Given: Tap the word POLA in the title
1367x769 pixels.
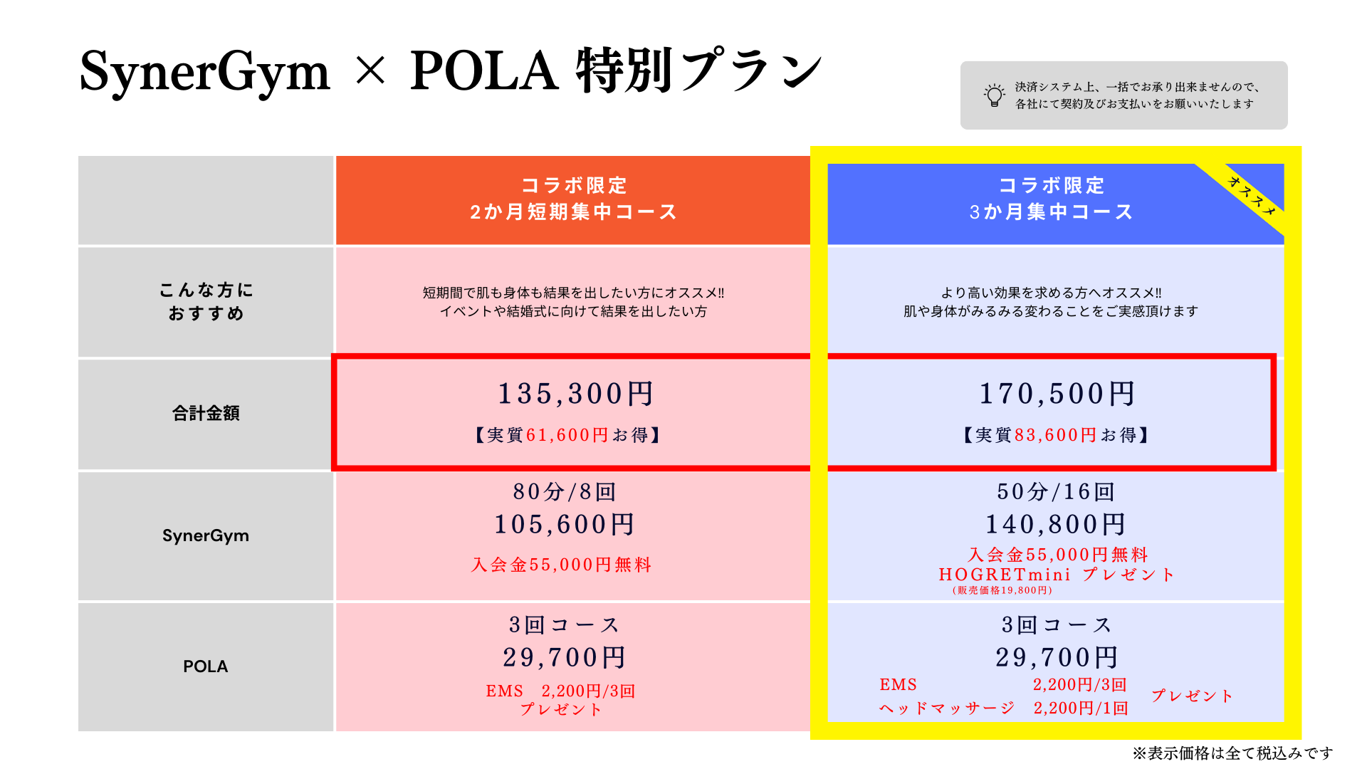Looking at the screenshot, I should click(484, 71).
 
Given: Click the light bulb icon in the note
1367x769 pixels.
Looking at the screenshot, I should click(994, 95).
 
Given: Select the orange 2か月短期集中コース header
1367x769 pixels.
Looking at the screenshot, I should click(573, 199).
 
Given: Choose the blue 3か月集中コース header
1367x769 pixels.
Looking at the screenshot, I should click(1051, 199).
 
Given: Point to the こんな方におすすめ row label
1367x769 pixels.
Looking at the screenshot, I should click(206, 301).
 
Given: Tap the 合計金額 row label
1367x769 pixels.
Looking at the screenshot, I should click(206, 413).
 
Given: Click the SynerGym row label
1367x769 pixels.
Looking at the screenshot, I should click(206, 535).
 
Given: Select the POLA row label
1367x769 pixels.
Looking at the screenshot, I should click(206, 666).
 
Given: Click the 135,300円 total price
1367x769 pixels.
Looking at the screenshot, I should click(575, 394).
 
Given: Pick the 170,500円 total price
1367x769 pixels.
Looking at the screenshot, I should click(1057, 394).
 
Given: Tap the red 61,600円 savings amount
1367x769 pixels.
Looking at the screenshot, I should click(567, 435).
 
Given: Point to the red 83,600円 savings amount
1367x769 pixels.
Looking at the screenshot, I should click(1056, 435).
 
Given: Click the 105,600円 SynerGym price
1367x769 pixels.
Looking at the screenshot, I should click(565, 525).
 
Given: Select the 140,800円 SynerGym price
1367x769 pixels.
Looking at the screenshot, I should click(1056, 525).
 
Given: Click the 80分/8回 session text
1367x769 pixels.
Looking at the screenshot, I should click(565, 491).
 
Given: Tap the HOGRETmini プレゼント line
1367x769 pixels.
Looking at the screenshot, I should click(1057, 575).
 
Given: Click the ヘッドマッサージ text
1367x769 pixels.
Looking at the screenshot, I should click(947, 708).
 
